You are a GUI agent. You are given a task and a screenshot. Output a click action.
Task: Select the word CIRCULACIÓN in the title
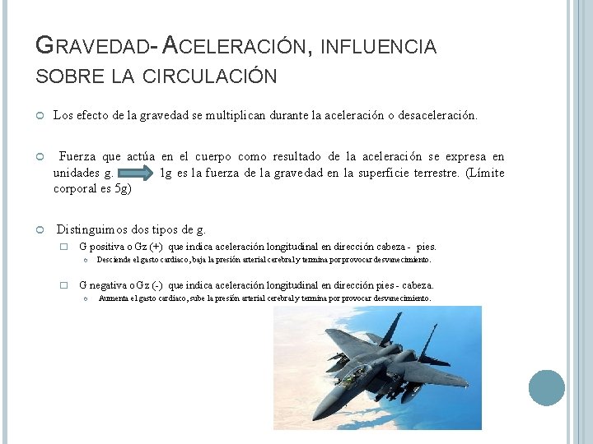211,76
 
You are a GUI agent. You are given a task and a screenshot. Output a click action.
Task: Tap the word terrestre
430,173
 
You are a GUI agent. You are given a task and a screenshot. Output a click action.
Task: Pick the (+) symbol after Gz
156,247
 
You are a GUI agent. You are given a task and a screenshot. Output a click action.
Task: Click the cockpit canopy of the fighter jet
353,374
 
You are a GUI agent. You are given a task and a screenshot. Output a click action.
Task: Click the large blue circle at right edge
546,387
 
